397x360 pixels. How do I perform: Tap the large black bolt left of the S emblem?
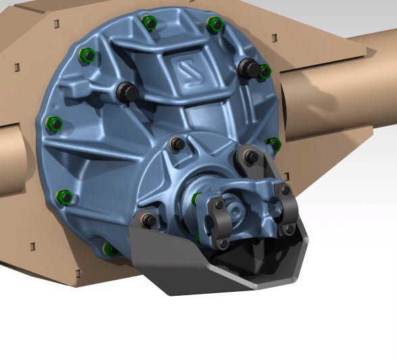coord(127,91)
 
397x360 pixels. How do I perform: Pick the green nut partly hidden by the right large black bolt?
coord(265,70)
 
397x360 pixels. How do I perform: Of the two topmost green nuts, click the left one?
coord(150,22)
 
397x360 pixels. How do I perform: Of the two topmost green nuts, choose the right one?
coord(215,25)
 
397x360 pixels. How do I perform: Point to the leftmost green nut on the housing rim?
coord(54,124)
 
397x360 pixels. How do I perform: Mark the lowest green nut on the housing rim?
coord(110,249)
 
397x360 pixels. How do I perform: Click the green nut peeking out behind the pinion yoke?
coord(196,199)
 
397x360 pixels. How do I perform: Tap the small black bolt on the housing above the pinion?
coord(177,143)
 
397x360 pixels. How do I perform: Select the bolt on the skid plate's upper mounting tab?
coord(250,157)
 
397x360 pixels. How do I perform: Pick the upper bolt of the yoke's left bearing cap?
coord(219,204)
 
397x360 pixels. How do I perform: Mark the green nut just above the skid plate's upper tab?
coord(274,143)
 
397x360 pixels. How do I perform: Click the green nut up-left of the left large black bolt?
coord(86,55)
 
